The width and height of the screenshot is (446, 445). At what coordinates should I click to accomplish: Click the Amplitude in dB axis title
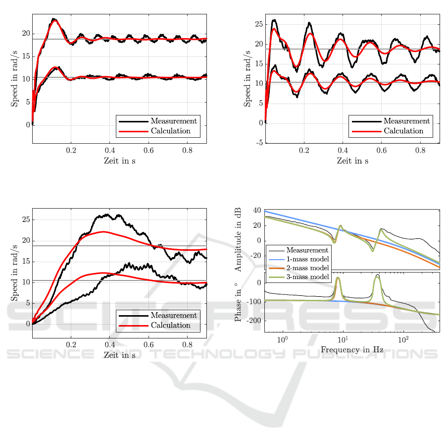tap(238, 239)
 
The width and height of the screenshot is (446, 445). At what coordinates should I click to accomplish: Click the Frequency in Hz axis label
tap(352, 350)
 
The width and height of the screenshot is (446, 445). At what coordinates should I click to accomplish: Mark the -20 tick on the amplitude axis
tap(255, 256)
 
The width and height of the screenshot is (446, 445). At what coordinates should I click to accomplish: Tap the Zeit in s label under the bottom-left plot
tap(119, 355)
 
